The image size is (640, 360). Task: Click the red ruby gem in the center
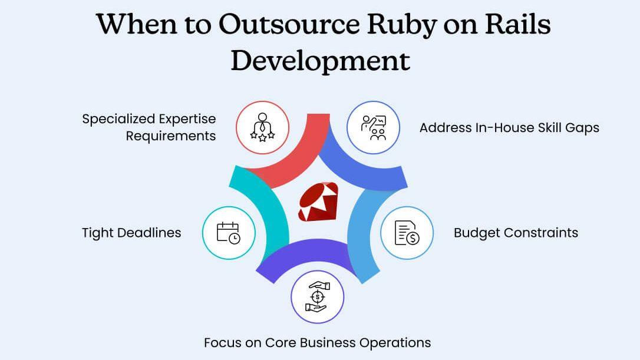(x=318, y=202)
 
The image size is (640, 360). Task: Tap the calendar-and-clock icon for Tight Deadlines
(x=229, y=233)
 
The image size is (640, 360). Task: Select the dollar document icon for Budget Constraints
(x=407, y=233)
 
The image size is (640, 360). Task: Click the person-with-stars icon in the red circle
(x=262, y=127)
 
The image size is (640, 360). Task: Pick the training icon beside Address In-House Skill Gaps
(x=374, y=127)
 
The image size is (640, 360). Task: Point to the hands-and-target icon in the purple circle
(x=318, y=297)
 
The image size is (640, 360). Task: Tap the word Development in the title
(x=320, y=60)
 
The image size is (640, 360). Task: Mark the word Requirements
(x=171, y=136)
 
